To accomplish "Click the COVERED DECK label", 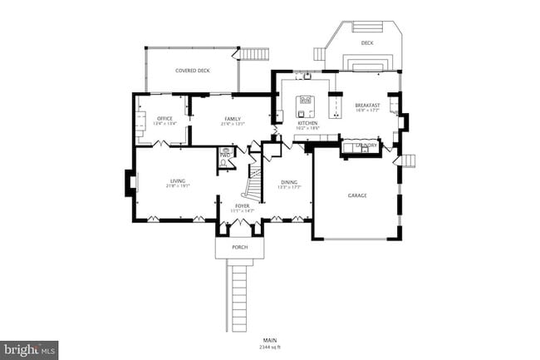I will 192,71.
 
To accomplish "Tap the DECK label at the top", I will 366,42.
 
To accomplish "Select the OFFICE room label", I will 164,119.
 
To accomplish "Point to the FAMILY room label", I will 232,119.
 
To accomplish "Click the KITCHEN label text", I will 307,123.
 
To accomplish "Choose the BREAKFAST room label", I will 366,106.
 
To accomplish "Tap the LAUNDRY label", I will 366,145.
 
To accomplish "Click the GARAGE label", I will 357,195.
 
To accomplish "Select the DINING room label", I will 288,181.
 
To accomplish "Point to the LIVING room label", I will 178,180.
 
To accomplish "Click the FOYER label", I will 242,205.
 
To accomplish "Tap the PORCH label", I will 239,247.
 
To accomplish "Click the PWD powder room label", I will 225,155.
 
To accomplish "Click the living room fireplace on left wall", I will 130,182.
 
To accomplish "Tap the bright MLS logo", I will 30,350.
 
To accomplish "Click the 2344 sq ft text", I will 269,347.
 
